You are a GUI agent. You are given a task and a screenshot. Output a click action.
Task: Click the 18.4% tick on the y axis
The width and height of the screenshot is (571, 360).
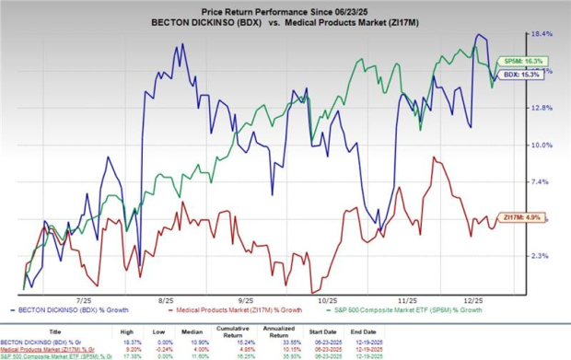pyautogui.click(x=542, y=34)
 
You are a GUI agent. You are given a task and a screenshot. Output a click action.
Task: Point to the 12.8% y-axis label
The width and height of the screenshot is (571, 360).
pyautogui.click(x=542, y=108)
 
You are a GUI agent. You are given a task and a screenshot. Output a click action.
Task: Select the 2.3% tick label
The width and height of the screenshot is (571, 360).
pyautogui.click(x=542, y=255)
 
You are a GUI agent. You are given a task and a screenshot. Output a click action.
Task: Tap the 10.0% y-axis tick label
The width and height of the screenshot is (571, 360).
pyautogui.click(x=542, y=145)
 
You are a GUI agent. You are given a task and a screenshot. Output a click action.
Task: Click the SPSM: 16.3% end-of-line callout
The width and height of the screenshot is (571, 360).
pyautogui.click(x=513, y=61)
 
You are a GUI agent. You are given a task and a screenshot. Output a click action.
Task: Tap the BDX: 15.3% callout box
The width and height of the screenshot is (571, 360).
pyautogui.click(x=513, y=76)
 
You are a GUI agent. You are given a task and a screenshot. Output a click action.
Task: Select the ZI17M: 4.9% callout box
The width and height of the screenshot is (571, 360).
pyautogui.click(x=513, y=216)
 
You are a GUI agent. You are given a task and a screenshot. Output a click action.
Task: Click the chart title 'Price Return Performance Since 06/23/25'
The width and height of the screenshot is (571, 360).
pyautogui.click(x=285, y=8)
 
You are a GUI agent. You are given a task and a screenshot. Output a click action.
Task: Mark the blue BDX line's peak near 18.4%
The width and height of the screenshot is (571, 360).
pyautogui.click(x=478, y=35)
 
